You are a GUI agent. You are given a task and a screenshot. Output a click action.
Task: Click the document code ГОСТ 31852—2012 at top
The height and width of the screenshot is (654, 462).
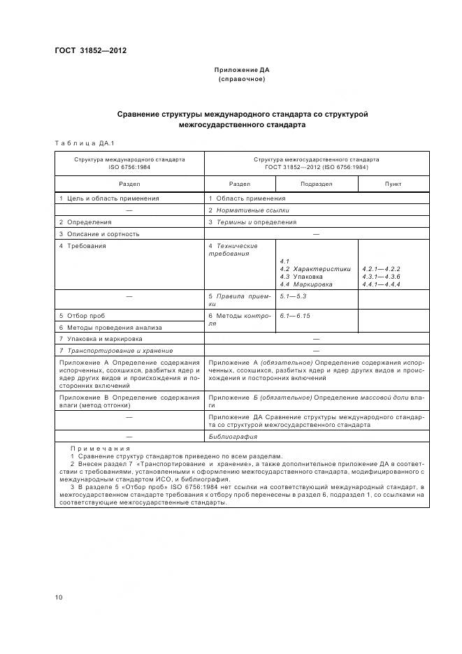click(x=90, y=51)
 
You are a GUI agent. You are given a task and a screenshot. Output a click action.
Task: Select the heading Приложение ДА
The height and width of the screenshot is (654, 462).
click(x=242, y=71)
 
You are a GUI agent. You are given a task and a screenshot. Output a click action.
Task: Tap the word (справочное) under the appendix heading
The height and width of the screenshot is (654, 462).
click(x=242, y=79)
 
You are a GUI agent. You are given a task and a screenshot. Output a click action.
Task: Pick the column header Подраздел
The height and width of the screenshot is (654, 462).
click(x=316, y=184)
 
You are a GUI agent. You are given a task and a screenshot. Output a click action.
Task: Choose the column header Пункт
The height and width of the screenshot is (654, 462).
click(x=394, y=184)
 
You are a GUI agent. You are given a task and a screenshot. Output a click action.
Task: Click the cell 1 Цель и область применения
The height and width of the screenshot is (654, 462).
click(x=109, y=198)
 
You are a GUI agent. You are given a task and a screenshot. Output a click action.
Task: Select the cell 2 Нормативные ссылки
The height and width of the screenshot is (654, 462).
click(x=249, y=210)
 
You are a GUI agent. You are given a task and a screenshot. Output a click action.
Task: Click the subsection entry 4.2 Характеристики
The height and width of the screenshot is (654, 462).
click(x=315, y=269)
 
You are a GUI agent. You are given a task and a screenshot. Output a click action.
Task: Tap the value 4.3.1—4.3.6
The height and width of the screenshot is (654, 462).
click(x=382, y=277)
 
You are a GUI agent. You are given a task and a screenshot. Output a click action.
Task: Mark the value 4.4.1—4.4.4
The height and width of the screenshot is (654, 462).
click(x=382, y=284)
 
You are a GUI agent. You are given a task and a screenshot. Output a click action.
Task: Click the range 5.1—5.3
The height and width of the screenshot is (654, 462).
click(x=294, y=297)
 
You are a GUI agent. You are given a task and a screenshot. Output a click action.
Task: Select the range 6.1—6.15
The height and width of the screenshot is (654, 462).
click(x=295, y=317)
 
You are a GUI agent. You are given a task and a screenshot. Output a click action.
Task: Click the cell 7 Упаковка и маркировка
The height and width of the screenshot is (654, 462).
click(x=101, y=339)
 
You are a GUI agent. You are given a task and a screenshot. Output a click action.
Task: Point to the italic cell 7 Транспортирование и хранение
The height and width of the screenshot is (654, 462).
click(x=116, y=350)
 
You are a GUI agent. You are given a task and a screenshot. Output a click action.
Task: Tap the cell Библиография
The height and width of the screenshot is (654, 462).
click(x=233, y=437)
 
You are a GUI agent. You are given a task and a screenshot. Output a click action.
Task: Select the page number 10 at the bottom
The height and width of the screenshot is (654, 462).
click(x=59, y=597)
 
